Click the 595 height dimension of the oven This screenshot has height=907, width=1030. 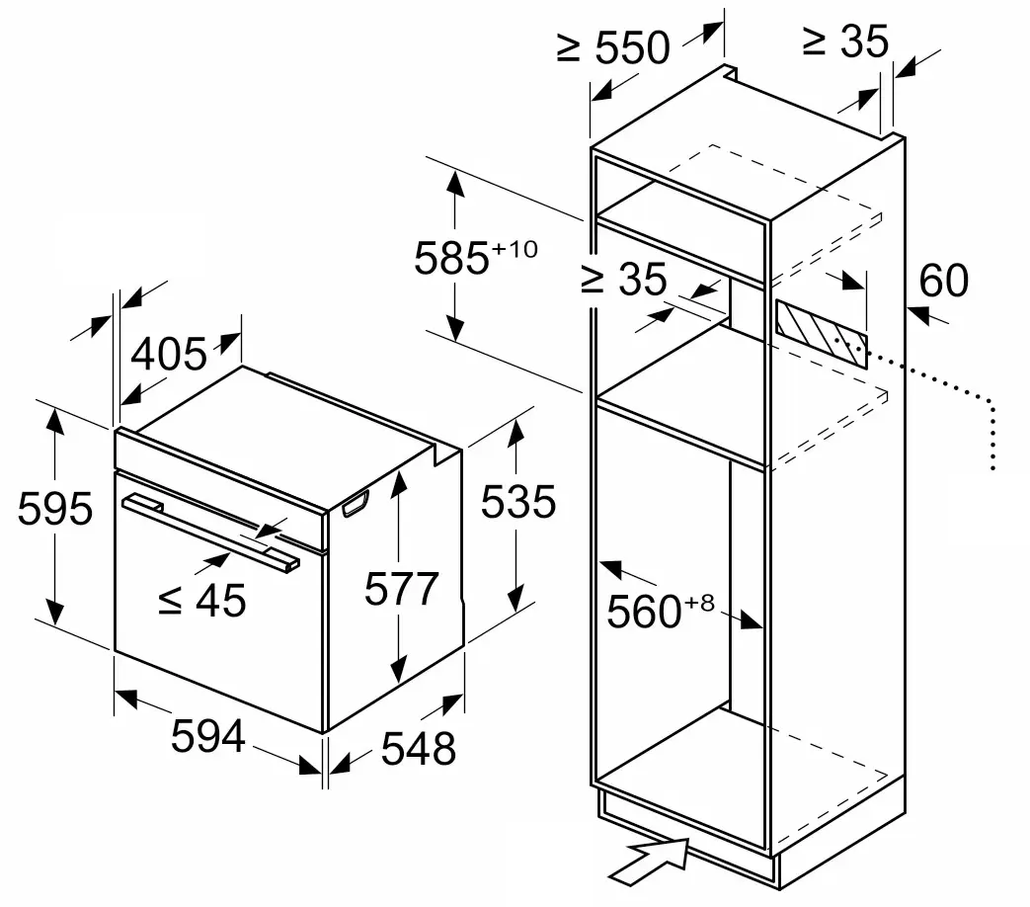click(55, 508)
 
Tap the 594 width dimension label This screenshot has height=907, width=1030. click(208, 735)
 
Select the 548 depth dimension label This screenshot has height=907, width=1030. click(419, 748)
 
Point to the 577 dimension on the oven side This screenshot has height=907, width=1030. click(401, 588)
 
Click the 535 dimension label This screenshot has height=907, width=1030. click(518, 502)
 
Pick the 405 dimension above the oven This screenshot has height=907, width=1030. click(169, 354)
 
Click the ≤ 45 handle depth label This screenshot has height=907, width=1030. click(202, 600)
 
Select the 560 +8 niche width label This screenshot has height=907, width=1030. click(661, 611)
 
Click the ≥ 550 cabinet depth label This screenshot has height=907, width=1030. click(613, 46)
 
